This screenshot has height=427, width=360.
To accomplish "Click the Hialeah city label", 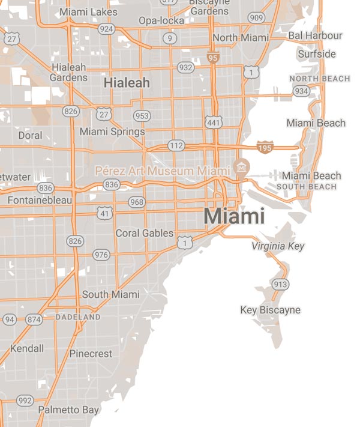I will coord(127,83).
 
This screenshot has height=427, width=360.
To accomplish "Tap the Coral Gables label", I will coord(144,233).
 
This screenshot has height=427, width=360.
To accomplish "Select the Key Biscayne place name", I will coord(270,310).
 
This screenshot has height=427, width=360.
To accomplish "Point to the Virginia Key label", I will coord(278,246).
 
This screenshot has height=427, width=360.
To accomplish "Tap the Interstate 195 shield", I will coord(265,147).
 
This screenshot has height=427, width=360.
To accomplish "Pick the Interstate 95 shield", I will coord(213,58).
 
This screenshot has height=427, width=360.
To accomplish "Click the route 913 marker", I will coord(280,284).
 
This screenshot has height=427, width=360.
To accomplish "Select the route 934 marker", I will coord(302,91).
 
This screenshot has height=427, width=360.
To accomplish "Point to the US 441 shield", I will coord(212,122).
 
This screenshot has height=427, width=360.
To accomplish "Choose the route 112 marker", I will coord(176,145).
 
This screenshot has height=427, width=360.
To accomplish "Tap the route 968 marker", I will coord(137,202).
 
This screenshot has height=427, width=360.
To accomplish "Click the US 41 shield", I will coord(106,213).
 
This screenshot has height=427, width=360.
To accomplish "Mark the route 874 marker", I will coord(34,320).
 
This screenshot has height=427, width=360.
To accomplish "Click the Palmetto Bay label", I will coord(68,410).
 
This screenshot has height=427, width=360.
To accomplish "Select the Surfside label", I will coord(317,54).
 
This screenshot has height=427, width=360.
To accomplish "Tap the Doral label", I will coord(30,135).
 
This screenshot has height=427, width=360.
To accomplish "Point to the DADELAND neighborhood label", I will coord(78,316).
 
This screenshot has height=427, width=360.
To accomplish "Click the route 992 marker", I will coord(25,400).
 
